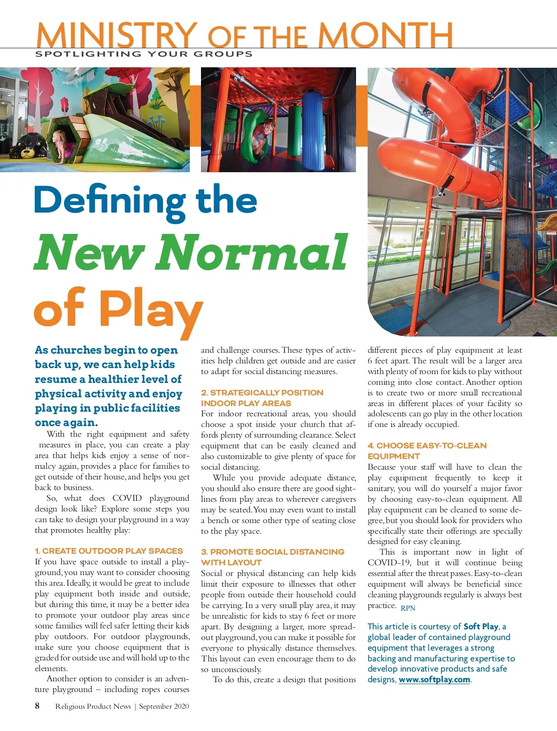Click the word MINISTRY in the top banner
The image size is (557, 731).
tap(116, 35)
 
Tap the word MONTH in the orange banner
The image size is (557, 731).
tap(385, 35)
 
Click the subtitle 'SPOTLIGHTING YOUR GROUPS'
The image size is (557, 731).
tap(144, 54)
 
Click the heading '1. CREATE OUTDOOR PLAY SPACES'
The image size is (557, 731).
tap(109, 551)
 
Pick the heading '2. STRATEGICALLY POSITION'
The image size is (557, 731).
tap(262, 393)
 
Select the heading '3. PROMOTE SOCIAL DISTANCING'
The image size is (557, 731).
tap(273, 552)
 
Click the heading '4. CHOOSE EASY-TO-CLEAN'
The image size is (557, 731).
tap(427, 446)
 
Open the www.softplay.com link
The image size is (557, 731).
tap(434, 679)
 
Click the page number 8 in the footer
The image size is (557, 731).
tap(37, 706)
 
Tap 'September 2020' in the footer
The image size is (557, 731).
tap(164, 706)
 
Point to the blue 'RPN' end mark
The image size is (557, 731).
tap(408, 608)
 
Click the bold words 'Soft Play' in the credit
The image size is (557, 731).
tap(481, 627)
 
